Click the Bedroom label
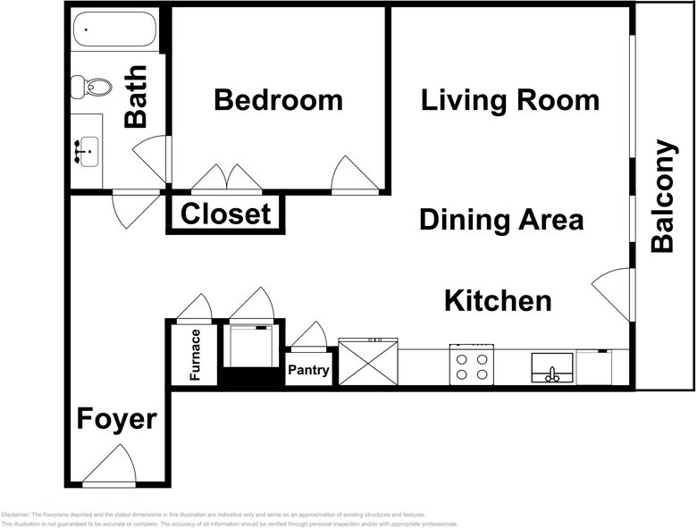coord(278,100)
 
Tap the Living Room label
coord(510,100)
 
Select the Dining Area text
coord(501,219)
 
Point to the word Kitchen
coord(498,301)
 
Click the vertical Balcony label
coord(662,197)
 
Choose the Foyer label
coord(116,419)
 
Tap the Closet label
coord(225,214)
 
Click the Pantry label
coord(308,371)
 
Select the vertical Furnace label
coord(195,355)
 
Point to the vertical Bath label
coord(136,96)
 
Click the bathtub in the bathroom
coord(113,31)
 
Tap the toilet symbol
coord(92,87)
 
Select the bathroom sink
coord(88,151)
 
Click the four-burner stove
coord(471,366)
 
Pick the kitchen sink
coord(551,367)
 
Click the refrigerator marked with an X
coord(367,365)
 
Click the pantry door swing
coord(310,336)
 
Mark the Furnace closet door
coord(194,308)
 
